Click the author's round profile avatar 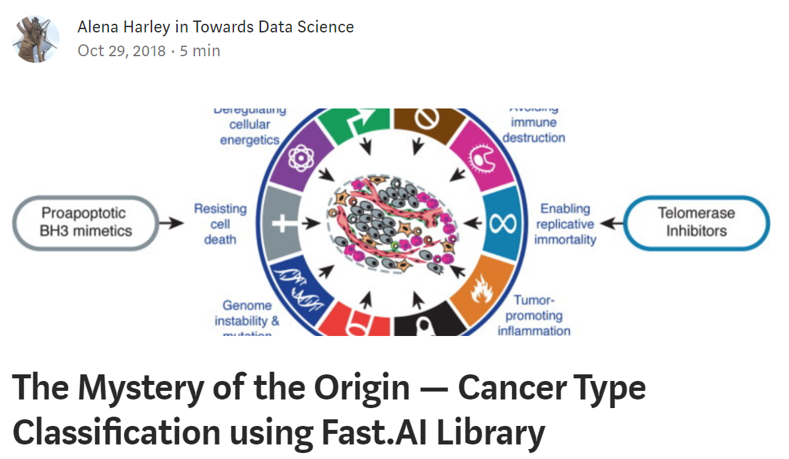(x=36, y=39)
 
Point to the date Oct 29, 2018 (x=122, y=51)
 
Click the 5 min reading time (x=200, y=51)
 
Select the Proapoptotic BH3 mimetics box (x=87, y=222)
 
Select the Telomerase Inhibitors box (x=696, y=222)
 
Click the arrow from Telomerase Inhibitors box (x=612, y=223)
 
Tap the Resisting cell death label (x=220, y=224)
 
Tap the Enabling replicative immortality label (x=565, y=224)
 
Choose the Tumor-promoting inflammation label (x=534, y=315)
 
